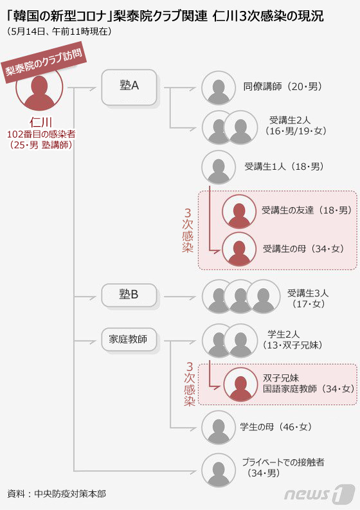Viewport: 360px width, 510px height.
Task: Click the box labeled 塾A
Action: (129, 87)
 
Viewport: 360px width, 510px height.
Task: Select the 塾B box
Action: (129, 295)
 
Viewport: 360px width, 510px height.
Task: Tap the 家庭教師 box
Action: (129, 340)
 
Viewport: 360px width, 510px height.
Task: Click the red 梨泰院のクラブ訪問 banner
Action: (45, 62)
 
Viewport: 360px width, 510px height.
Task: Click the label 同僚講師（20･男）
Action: (283, 87)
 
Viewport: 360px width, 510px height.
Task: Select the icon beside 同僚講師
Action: (218, 88)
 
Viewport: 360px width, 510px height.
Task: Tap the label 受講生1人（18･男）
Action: (284, 167)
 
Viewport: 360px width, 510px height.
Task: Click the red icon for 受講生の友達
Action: (239, 212)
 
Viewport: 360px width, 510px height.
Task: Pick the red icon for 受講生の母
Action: (239, 250)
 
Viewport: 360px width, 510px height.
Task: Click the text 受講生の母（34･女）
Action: (303, 249)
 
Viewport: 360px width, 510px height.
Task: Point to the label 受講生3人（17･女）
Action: (308, 298)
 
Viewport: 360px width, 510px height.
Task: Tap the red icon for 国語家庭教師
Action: (240, 385)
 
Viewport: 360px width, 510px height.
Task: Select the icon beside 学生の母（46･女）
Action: (218, 428)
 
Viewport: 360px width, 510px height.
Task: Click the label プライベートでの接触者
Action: (283, 462)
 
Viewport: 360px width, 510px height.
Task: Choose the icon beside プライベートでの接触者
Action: (218, 470)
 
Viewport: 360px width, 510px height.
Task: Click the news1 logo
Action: (319, 495)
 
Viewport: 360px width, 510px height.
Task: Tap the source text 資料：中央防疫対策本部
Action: (57, 494)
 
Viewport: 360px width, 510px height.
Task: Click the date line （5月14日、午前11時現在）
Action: (59, 32)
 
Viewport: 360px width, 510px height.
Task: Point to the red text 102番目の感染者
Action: (41, 134)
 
